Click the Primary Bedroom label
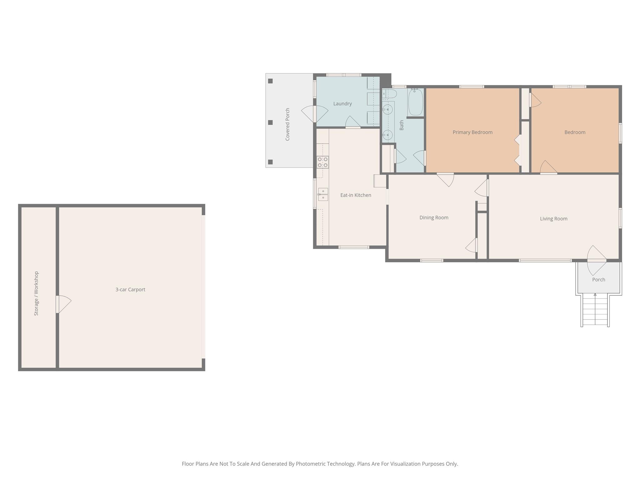tap(472, 132)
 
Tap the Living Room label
tap(553, 219)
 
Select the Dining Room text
tap(434, 217)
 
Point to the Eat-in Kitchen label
tap(356, 195)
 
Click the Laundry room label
tap(342, 104)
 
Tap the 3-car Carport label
tap(130, 289)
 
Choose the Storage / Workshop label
tap(36, 293)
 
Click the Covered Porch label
tap(287, 124)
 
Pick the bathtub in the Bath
tap(416, 102)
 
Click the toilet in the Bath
tap(389, 94)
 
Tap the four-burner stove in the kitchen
tap(323, 162)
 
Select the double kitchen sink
tap(323, 194)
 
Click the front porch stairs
tap(595, 310)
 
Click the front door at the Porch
tap(597, 261)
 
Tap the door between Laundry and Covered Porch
tap(315, 114)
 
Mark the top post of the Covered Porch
tap(270, 81)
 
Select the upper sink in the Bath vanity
tap(387, 109)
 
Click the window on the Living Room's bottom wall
tap(545, 260)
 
